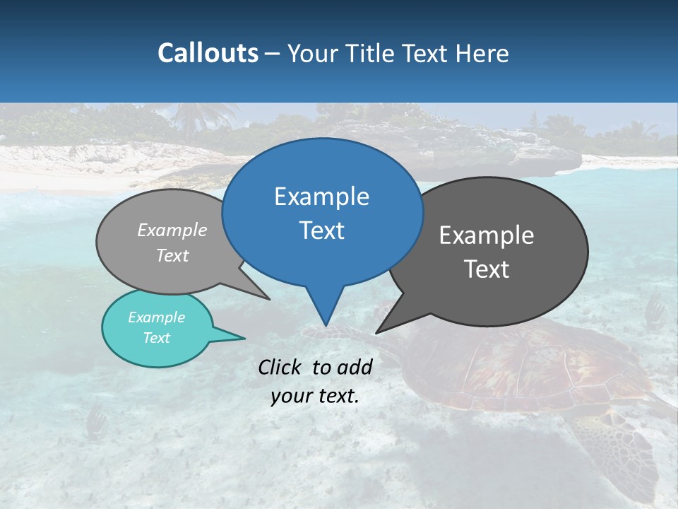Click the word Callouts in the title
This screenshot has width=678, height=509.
[x=208, y=53]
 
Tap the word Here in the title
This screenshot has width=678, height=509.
[x=482, y=53]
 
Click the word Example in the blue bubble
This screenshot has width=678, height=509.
[x=321, y=197]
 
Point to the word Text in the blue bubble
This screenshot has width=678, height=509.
[x=321, y=230]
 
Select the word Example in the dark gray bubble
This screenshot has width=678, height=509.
[x=487, y=235]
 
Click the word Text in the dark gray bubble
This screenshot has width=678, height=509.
[x=487, y=269]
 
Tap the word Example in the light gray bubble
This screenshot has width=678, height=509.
[x=172, y=230]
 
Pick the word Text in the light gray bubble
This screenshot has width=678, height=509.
[x=172, y=255]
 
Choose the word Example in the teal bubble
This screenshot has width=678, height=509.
[x=156, y=317]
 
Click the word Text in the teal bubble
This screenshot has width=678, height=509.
[x=156, y=338]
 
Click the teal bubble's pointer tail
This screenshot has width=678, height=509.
[x=233, y=337]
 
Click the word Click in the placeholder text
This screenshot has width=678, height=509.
[x=281, y=367]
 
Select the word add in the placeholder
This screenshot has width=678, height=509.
[x=355, y=367]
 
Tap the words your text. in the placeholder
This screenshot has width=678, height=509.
[x=314, y=396]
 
